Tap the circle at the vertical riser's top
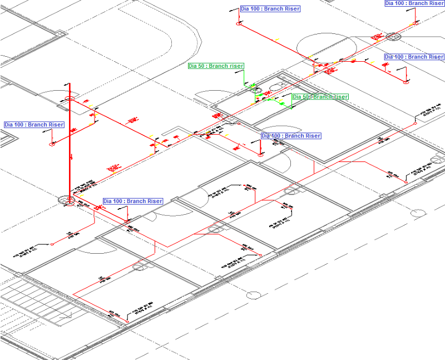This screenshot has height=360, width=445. [x=70, y=99]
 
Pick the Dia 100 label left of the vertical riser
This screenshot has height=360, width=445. [x=34, y=125]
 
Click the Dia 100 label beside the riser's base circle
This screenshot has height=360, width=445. [x=133, y=201]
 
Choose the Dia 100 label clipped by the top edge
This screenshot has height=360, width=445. [x=414, y=3]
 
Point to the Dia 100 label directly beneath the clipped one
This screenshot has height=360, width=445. [x=414, y=57]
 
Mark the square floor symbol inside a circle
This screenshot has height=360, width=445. [x=393, y=37]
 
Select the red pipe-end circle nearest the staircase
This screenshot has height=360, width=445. [x=52, y=244]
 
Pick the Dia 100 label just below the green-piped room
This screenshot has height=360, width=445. [x=291, y=136]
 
